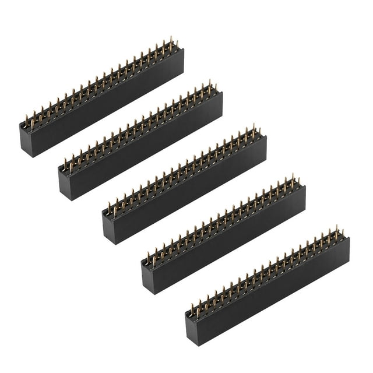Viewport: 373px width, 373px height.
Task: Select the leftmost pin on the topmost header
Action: tap(26, 121)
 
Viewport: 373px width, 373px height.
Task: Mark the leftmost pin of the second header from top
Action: tap(65, 163)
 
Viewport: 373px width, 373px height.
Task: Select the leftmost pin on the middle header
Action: tap(109, 207)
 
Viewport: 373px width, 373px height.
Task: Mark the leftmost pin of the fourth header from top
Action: tap(148, 257)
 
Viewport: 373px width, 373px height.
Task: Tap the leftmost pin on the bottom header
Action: tap(192, 308)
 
